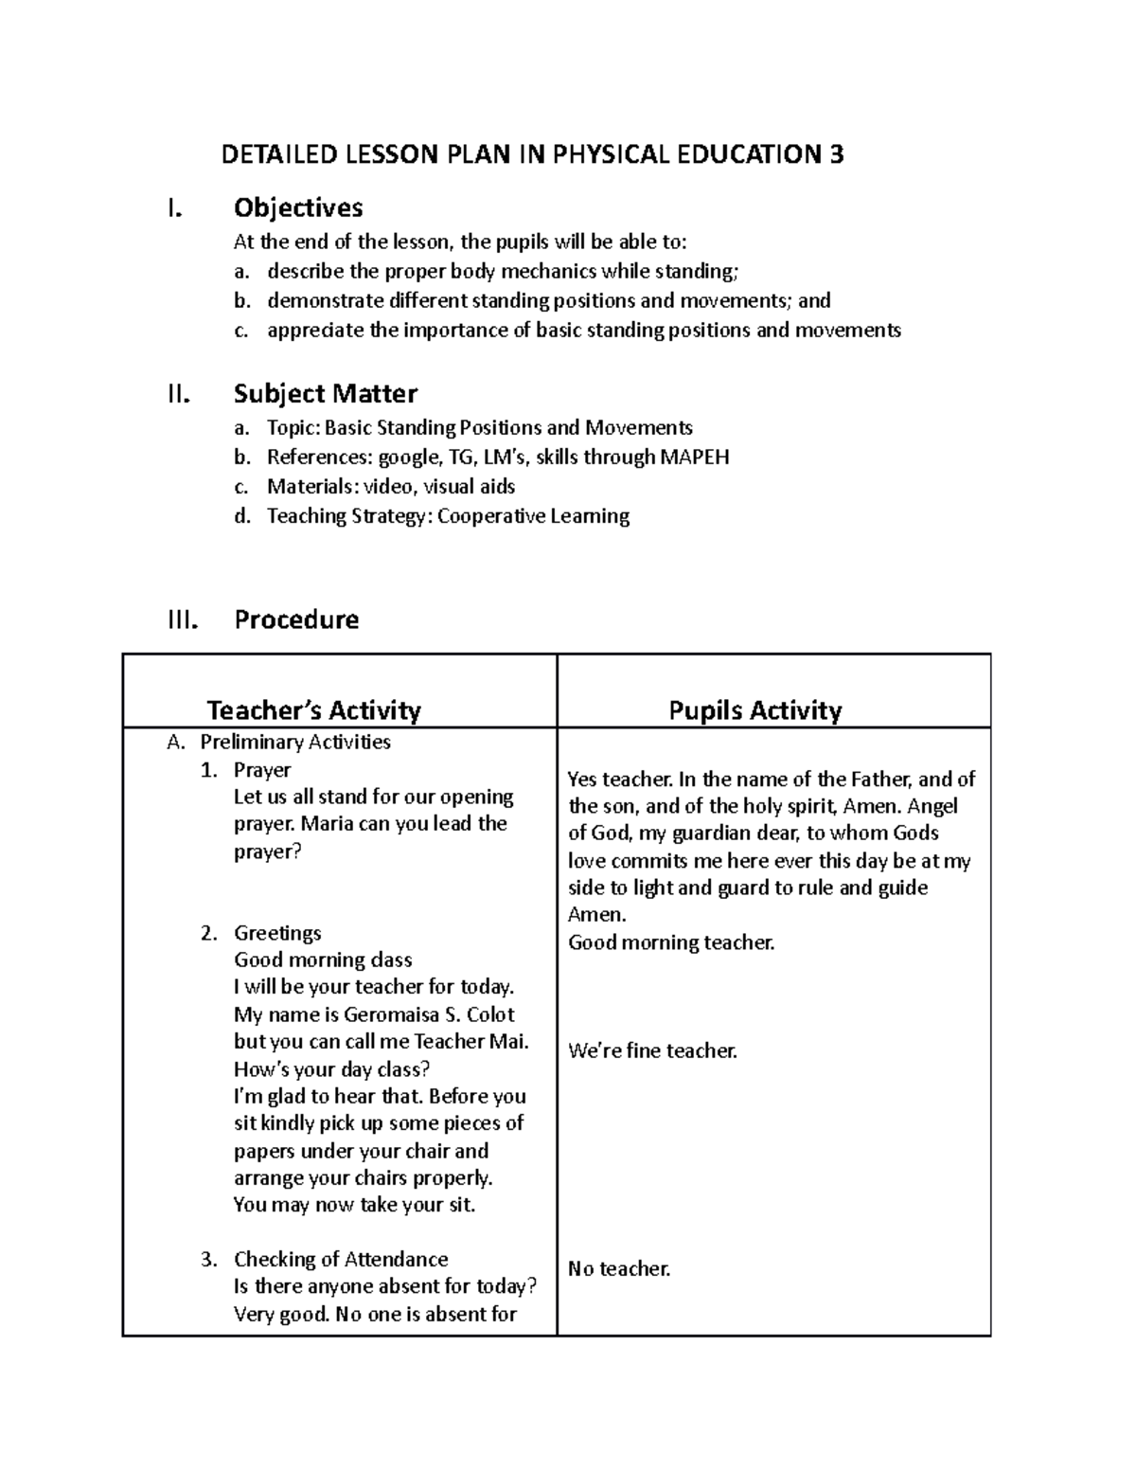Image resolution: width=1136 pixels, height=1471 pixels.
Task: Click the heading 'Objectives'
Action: point(298,207)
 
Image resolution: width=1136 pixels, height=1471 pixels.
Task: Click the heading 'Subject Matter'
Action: point(326,393)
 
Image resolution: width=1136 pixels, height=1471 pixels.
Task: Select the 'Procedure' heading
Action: point(296,619)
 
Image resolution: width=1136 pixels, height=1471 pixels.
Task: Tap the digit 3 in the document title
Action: point(836,154)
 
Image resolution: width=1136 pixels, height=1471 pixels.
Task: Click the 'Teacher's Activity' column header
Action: point(313,710)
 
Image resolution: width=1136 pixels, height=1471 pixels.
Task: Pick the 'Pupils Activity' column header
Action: point(754,710)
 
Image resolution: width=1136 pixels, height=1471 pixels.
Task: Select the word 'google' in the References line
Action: point(408,458)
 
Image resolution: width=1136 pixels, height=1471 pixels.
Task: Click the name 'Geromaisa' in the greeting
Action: point(392,1014)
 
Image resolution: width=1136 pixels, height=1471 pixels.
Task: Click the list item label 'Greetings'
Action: point(277,933)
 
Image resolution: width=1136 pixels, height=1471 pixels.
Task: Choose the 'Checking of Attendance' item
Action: point(341,1259)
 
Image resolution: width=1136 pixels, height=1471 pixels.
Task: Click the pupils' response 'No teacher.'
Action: point(619,1268)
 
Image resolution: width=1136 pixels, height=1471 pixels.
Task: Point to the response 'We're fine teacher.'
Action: point(652,1050)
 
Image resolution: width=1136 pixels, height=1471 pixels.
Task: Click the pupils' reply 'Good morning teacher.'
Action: point(671,942)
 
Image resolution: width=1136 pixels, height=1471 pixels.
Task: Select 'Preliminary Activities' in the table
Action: point(295,742)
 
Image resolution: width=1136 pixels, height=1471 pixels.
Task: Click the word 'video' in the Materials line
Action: point(391,487)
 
